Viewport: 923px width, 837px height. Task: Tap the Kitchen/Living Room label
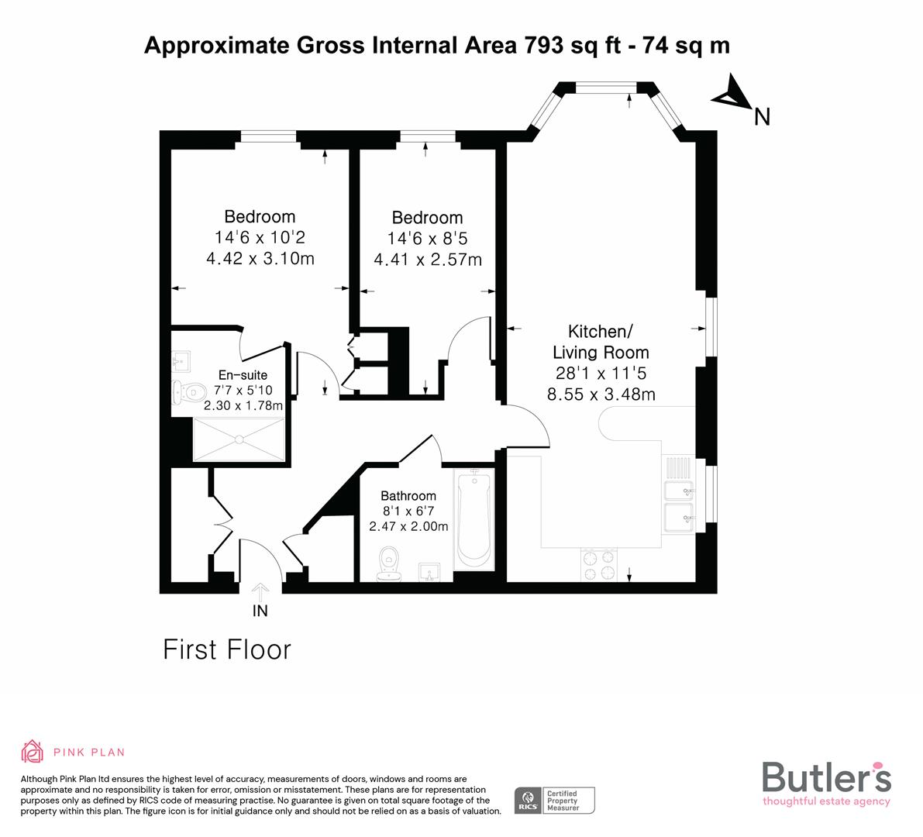tap(601, 342)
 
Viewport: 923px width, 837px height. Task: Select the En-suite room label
tap(243, 375)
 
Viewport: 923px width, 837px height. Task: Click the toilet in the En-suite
tap(184, 392)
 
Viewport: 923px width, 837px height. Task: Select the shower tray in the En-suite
tap(239, 440)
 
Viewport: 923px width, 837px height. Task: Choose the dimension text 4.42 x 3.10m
tap(260, 259)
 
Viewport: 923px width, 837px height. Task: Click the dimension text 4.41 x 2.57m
tap(427, 260)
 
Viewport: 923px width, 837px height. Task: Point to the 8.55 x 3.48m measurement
tap(601, 394)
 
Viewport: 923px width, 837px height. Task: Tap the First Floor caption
tap(226, 649)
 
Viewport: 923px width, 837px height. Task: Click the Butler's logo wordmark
tap(826, 777)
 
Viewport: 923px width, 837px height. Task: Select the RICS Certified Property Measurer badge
tap(555, 800)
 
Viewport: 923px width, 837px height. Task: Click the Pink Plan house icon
tap(33, 751)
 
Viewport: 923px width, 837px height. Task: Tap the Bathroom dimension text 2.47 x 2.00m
tap(408, 526)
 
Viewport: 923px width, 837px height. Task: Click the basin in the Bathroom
tap(429, 572)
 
